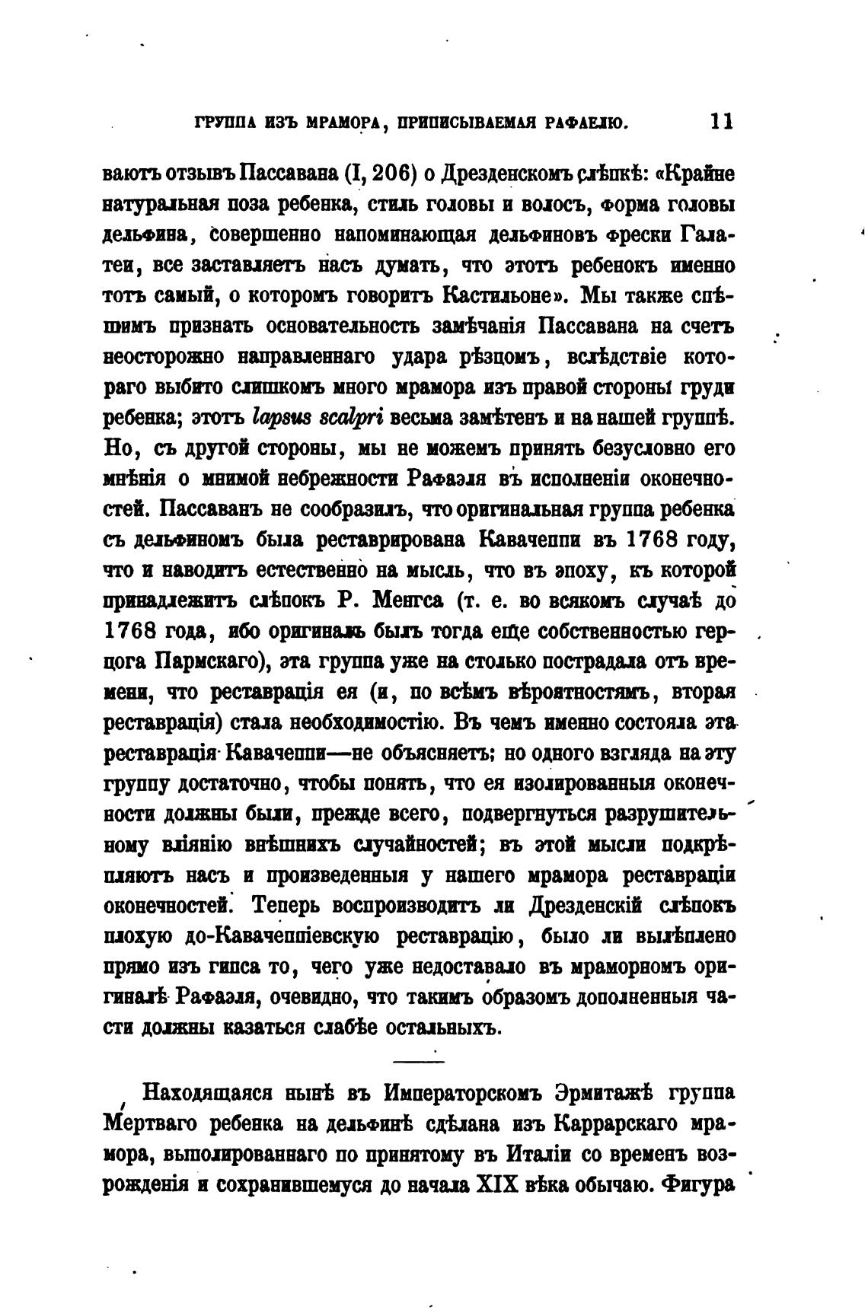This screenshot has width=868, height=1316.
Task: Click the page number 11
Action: pyautogui.click(x=720, y=122)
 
